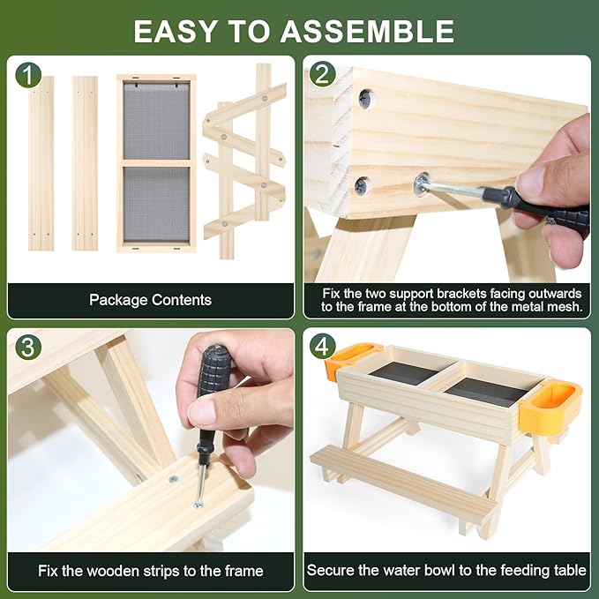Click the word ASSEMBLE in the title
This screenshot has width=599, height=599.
tap(368, 32)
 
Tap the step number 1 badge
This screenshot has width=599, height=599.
tap(28, 75)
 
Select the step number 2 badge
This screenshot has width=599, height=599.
tap(322, 74)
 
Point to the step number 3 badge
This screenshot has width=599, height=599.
tap(28, 348)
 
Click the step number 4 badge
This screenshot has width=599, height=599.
tap(322, 346)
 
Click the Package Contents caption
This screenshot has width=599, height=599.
tap(150, 300)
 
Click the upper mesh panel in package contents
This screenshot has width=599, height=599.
tap(156, 121)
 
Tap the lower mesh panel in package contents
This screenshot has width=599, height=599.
tap(156, 205)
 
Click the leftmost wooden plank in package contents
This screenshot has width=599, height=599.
tap(41, 163)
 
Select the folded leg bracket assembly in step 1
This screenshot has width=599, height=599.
tap(244, 161)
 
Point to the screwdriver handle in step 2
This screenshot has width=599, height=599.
tap(535, 206)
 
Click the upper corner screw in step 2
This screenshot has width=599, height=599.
tap(365, 99)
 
